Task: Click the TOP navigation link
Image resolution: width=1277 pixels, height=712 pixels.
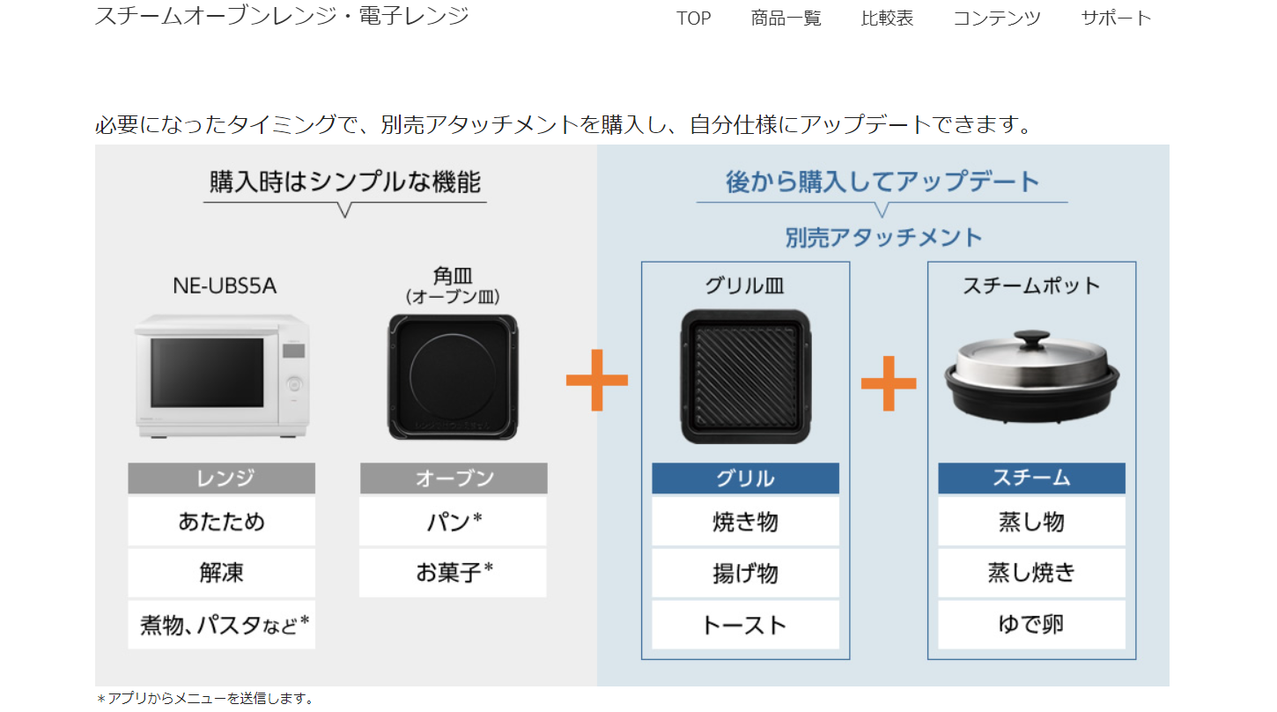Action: pyautogui.click(x=693, y=19)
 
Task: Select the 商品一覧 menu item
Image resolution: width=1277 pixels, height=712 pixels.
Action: pyautogui.click(x=786, y=19)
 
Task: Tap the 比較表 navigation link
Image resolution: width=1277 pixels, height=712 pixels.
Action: pyautogui.click(x=887, y=19)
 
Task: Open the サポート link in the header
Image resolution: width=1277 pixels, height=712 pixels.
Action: pyautogui.click(x=1116, y=19)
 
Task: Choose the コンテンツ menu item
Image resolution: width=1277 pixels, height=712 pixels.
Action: pyautogui.click(x=997, y=19)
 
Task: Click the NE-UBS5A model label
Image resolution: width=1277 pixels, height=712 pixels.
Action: pyautogui.click(x=225, y=286)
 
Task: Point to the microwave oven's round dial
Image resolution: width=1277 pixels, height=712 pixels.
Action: pyautogui.click(x=294, y=384)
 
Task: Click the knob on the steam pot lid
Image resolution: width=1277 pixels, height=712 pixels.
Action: pyautogui.click(x=1032, y=337)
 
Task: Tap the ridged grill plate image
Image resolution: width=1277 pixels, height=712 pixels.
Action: pyautogui.click(x=746, y=376)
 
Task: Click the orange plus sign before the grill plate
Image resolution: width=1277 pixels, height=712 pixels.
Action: pyautogui.click(x=597, y=380)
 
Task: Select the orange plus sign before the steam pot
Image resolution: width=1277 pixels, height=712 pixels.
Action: pyautogui.click(x=889, y=383)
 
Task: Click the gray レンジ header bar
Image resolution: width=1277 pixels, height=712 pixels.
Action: pyautogui.click(x=221, y=478)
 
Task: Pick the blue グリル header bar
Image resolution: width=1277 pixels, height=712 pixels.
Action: pyautogui.click(x=745, y=478)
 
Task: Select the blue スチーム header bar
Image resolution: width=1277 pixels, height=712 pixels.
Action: pyautogui.click(x=1031, y=478)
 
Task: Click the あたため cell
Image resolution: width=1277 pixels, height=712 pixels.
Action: pyautogui.click(x=221, y=522)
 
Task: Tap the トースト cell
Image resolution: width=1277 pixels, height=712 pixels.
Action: pyautogui.click(x=745, y=625)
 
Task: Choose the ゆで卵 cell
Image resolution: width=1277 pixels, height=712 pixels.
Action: pyautogui.click(x=1031, y=625)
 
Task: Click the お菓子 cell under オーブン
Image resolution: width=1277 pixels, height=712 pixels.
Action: pyautogui.click(x=454, y=573)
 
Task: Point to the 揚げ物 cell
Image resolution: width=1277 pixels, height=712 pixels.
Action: pyautogui.click(x=745, y=573)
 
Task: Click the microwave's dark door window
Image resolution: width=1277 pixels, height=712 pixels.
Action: pyautogui.click(x=208, y=373)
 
